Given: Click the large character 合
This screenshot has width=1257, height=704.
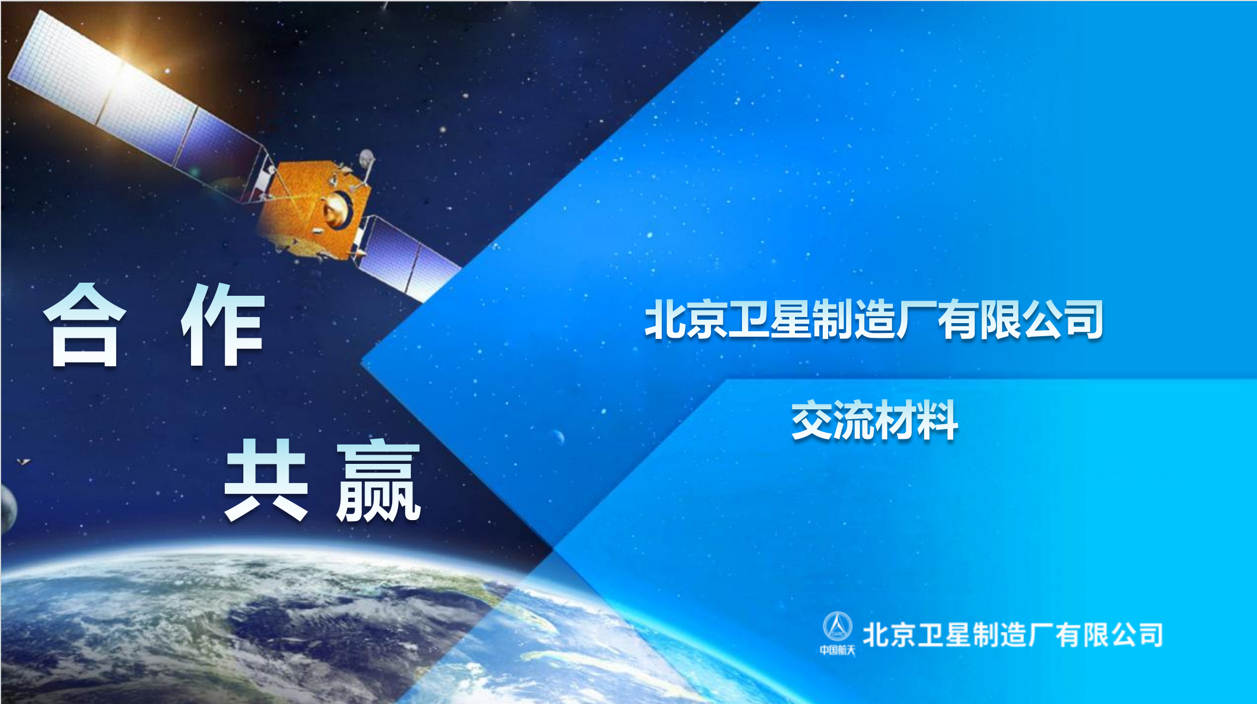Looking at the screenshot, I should pyautogui.click(x=85, y=326).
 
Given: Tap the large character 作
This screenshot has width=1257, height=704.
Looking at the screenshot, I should pyautogui.click(x=224, y=326).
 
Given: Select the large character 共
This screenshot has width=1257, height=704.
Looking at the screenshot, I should pyautogui.click(x=266, y=480).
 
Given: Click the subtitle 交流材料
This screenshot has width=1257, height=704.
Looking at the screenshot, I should pyautogui.click(x=874, y=420).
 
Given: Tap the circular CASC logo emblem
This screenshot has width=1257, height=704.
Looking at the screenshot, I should pyautogui.click(x=837, y=627).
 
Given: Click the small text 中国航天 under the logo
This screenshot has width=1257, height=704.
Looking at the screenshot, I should pyautogui.click(x=837, y=650).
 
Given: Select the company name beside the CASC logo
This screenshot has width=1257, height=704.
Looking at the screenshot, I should pyautogui.click(x=1013, y=635).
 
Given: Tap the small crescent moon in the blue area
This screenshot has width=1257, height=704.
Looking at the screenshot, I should pyautogui.click(x=558, y=437).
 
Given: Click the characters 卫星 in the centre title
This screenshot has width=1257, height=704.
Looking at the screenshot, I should pyautogui.click(x=769, y=320).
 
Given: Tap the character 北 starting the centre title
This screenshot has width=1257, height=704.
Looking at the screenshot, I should pyautogui.click(x=665, y=320).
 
